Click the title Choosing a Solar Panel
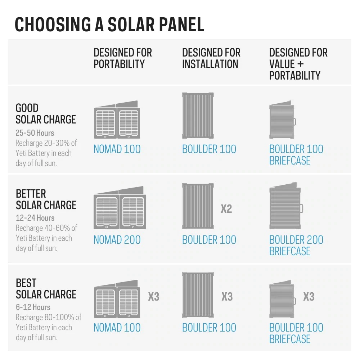point(109,24)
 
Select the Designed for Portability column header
point(122,58)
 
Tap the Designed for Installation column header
point(211,58)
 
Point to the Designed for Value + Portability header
point(298,64)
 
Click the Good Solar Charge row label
point(46,114)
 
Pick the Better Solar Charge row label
point(46,199)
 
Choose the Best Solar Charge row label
point(46,289)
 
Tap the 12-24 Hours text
point(35,218)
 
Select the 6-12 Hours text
point(33,307)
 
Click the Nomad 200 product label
point(117,240)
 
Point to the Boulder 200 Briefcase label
point(296,245)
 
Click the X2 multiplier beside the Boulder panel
point(226,208)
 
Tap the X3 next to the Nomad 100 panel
point(154,297)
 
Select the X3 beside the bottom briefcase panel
point(309,297)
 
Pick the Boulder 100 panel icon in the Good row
point(198,116)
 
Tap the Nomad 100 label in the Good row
point(117,149)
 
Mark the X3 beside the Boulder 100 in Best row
point(227,297)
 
